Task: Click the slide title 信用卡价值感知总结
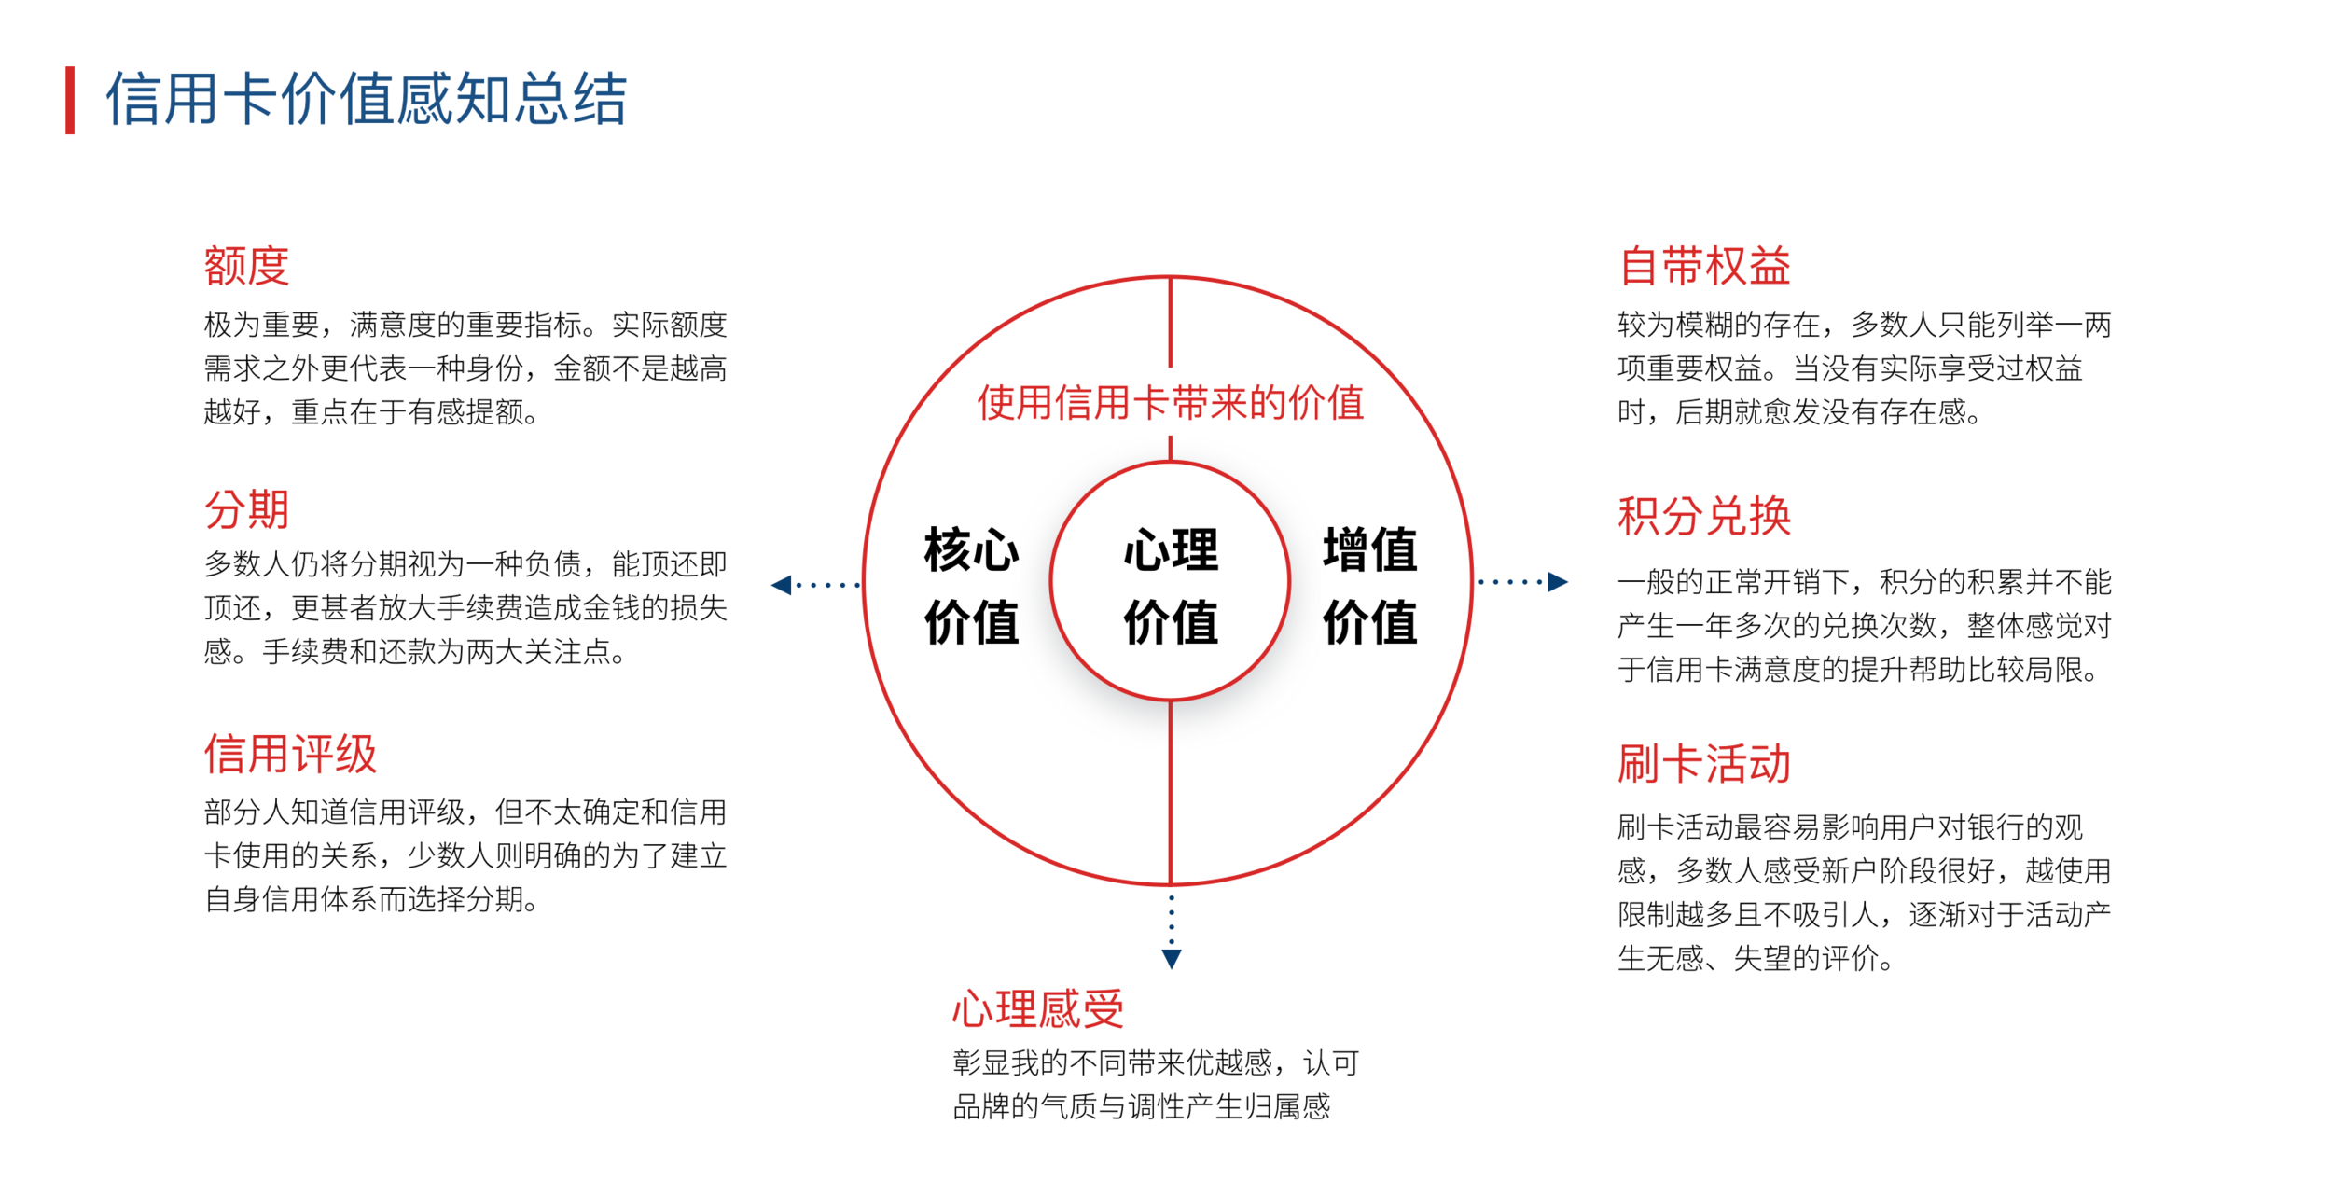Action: click(x=366, y=99)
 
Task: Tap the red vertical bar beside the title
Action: click(x=70, y=100)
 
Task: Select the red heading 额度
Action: click(x=246, y=266)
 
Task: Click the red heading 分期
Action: click(x=246, y=509)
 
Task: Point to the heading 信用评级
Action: click(x=290, y=754)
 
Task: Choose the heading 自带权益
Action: click(x=1704, y=266)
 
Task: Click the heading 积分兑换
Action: click(x=1704, y=516)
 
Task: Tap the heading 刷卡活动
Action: click(x=1704, y=764)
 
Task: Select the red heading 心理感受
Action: click(x=1038, y=1009)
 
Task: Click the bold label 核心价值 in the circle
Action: click(x=971, y=586)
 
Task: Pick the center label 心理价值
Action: click(x=1171, y=586)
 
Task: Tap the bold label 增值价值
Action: click(x=1370, y=586)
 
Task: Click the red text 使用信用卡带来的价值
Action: click(x=1171, y=403)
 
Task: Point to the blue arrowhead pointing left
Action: click(x=782, y=585)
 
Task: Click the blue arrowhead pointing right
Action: click(x=1558, y=582)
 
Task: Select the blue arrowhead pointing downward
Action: click(x=1172, y=959)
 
